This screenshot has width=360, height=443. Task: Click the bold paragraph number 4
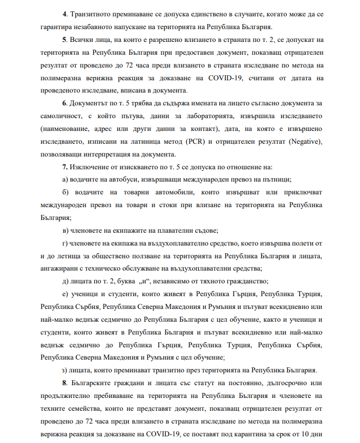pyautogui.click(x=63, y=15)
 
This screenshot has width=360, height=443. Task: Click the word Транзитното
pyautogui.click(x=90, y=15)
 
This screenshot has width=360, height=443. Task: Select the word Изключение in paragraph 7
pyautogui.click(x=90, y=167)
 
